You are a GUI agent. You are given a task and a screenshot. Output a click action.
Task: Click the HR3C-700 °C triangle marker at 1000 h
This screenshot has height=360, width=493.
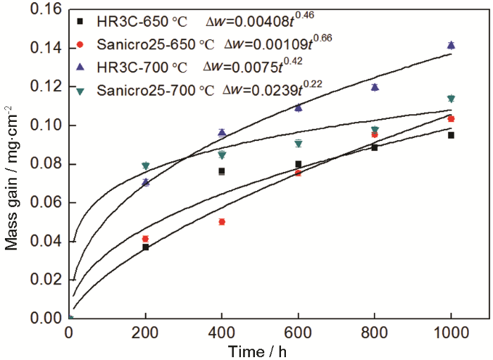click(x=451, y=45)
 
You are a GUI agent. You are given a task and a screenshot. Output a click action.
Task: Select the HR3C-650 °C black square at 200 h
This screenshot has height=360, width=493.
click(x=145, y=247)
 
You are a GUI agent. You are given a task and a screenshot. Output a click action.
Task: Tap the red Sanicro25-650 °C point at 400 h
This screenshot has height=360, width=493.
click(x=222, y=222)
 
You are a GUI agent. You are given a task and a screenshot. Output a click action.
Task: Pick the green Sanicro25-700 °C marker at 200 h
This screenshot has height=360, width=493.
click(x=145, y=166)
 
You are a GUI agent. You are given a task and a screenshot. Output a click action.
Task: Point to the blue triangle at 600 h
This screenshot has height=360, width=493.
click(x=298, y=108)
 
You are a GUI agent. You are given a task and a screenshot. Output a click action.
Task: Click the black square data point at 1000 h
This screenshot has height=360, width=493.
click(x=451, y=135)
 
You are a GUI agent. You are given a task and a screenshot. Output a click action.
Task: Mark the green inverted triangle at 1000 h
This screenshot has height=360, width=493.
click(x=451, y=99)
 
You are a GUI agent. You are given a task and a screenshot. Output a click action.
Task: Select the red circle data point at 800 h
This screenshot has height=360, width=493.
click(x=375, y=135)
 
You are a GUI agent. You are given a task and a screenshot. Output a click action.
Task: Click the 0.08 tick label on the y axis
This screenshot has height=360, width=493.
click(x=46, y=164)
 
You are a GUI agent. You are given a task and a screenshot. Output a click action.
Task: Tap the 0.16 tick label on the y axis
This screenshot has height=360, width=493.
click(x=46, y=10)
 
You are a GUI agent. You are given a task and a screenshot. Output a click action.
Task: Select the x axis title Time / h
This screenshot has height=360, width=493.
click(x=260, y=350)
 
